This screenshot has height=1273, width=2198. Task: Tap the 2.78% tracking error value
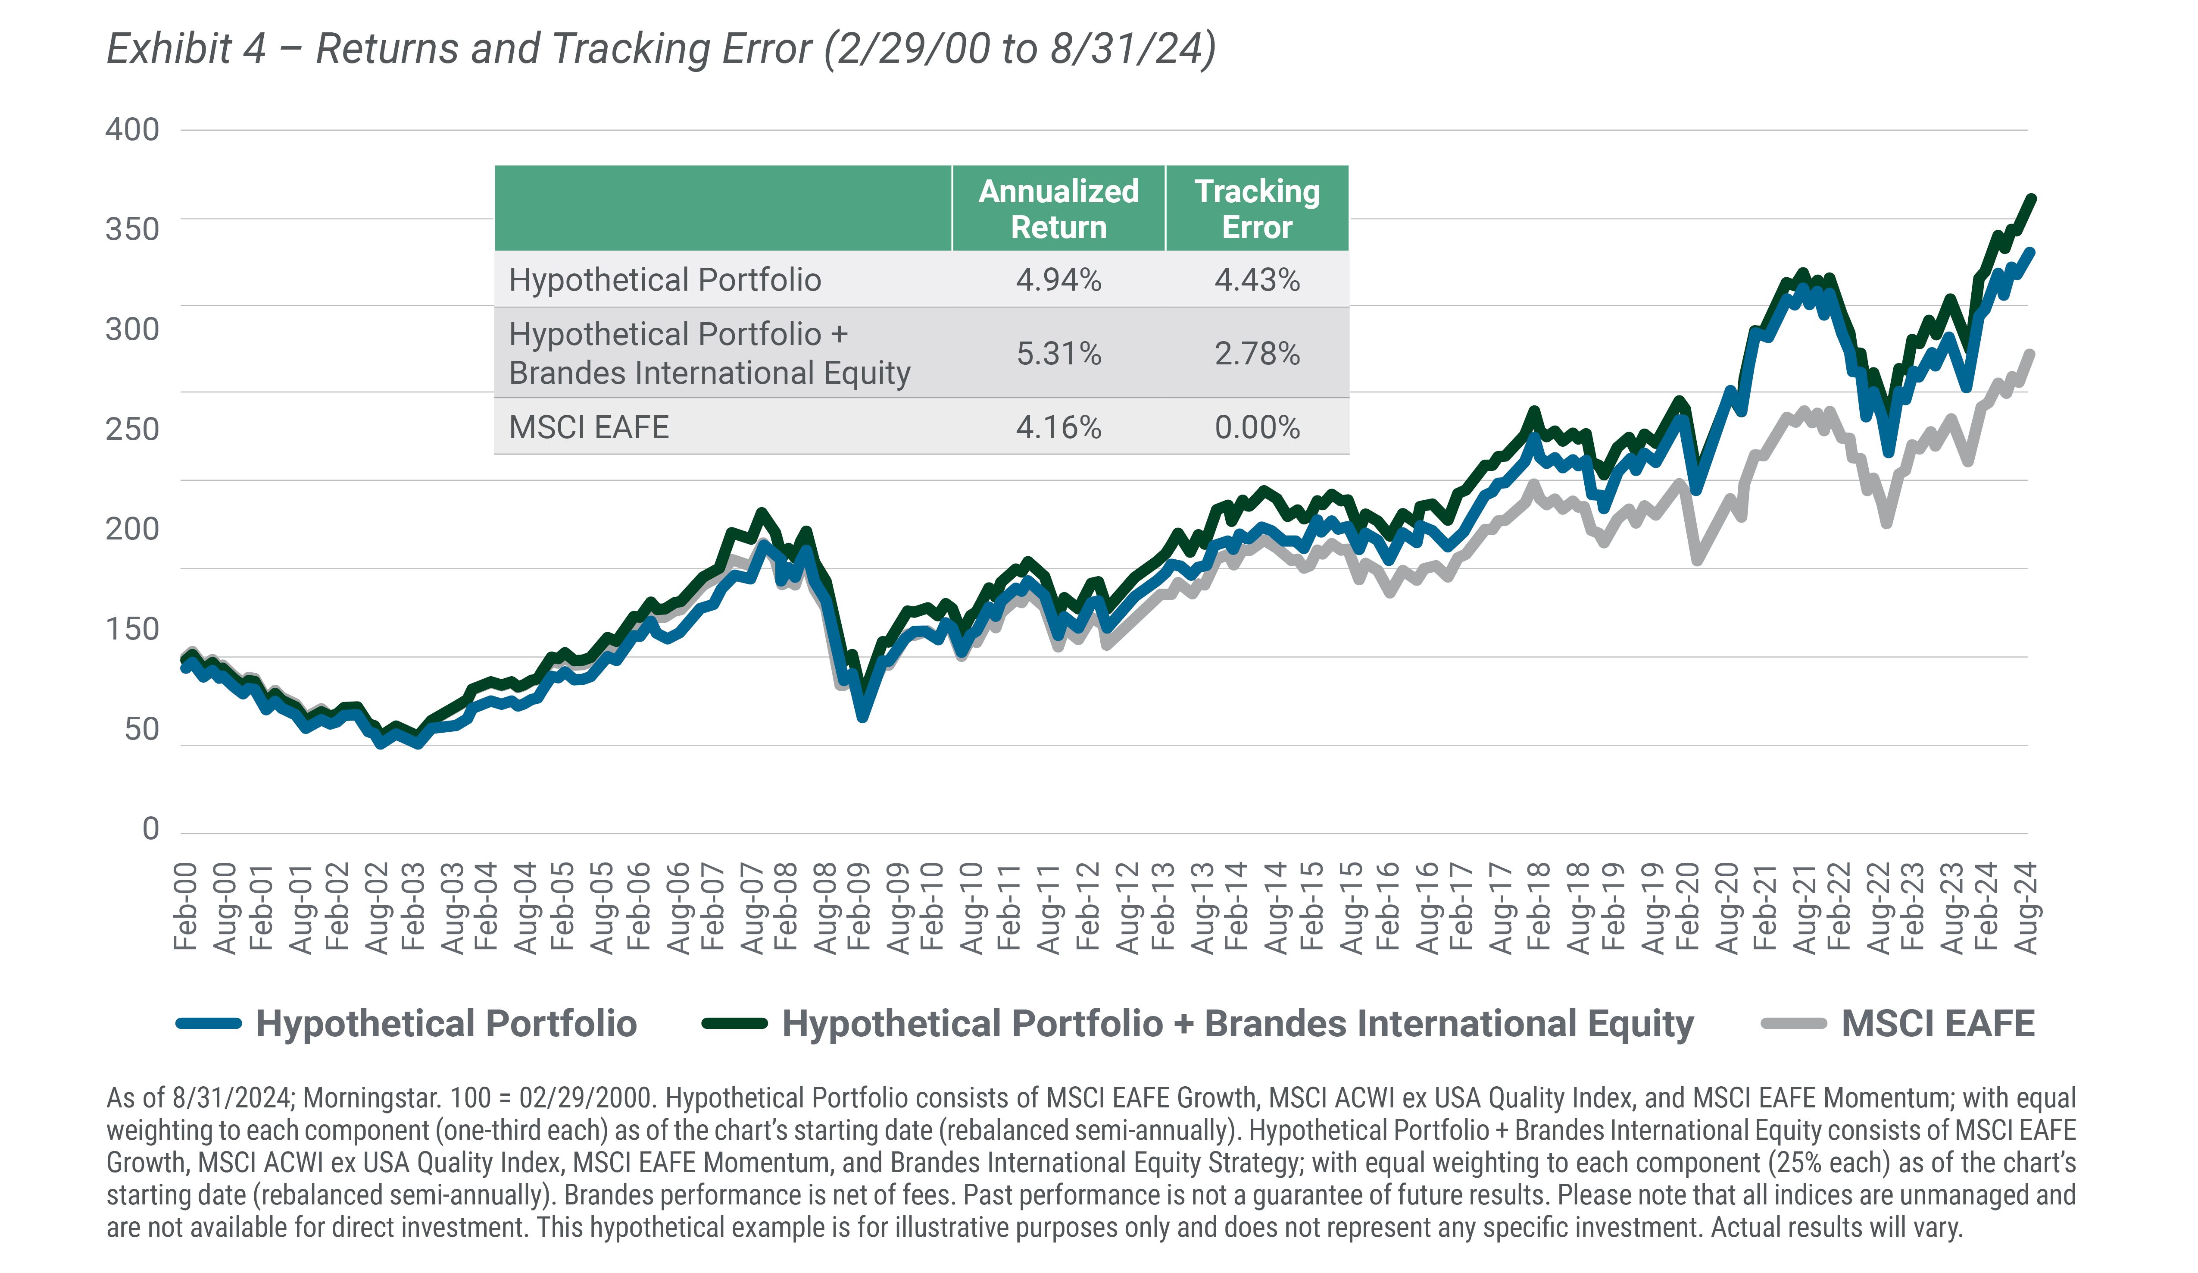click(1257, 353)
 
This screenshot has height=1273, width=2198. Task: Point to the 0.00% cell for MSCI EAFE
click(1257, 427)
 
